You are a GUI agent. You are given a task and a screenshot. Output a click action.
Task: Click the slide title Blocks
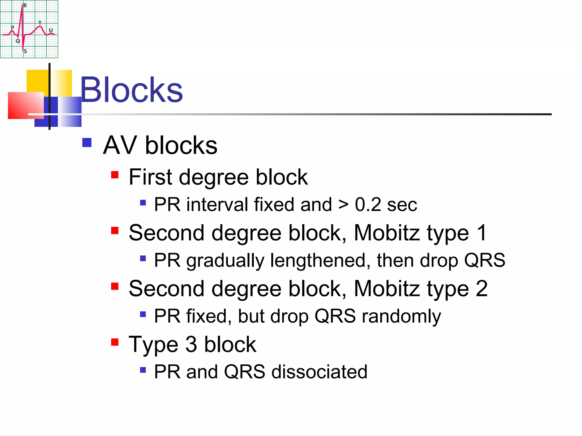point(131,90)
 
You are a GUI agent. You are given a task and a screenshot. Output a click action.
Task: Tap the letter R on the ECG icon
point(25,5)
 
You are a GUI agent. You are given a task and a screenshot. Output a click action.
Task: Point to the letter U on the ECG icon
point(51,30)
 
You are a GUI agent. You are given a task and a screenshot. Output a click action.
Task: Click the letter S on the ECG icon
point(25,51)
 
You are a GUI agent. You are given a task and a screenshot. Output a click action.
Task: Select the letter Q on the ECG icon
point(18,41)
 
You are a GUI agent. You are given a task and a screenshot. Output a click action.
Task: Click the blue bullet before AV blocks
point(87,142)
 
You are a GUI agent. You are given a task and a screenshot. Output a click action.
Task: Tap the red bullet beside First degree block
point(115,175)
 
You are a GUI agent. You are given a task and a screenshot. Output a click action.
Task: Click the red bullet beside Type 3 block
point(115,342)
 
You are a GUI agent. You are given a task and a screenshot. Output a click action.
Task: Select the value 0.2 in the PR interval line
point(368,204)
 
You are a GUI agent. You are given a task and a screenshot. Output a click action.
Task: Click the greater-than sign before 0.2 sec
point(343,204)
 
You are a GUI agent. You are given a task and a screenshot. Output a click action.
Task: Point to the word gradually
point(225,261)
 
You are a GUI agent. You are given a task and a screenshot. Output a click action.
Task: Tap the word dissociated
point(319,372)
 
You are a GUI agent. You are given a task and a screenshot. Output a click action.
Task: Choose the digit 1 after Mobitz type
point(482,233)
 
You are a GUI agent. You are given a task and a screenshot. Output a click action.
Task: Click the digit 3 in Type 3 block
point(191,344)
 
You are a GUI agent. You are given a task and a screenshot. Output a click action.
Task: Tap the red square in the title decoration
point(26,105)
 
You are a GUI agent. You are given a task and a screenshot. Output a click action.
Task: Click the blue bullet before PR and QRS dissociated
point(143,370)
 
